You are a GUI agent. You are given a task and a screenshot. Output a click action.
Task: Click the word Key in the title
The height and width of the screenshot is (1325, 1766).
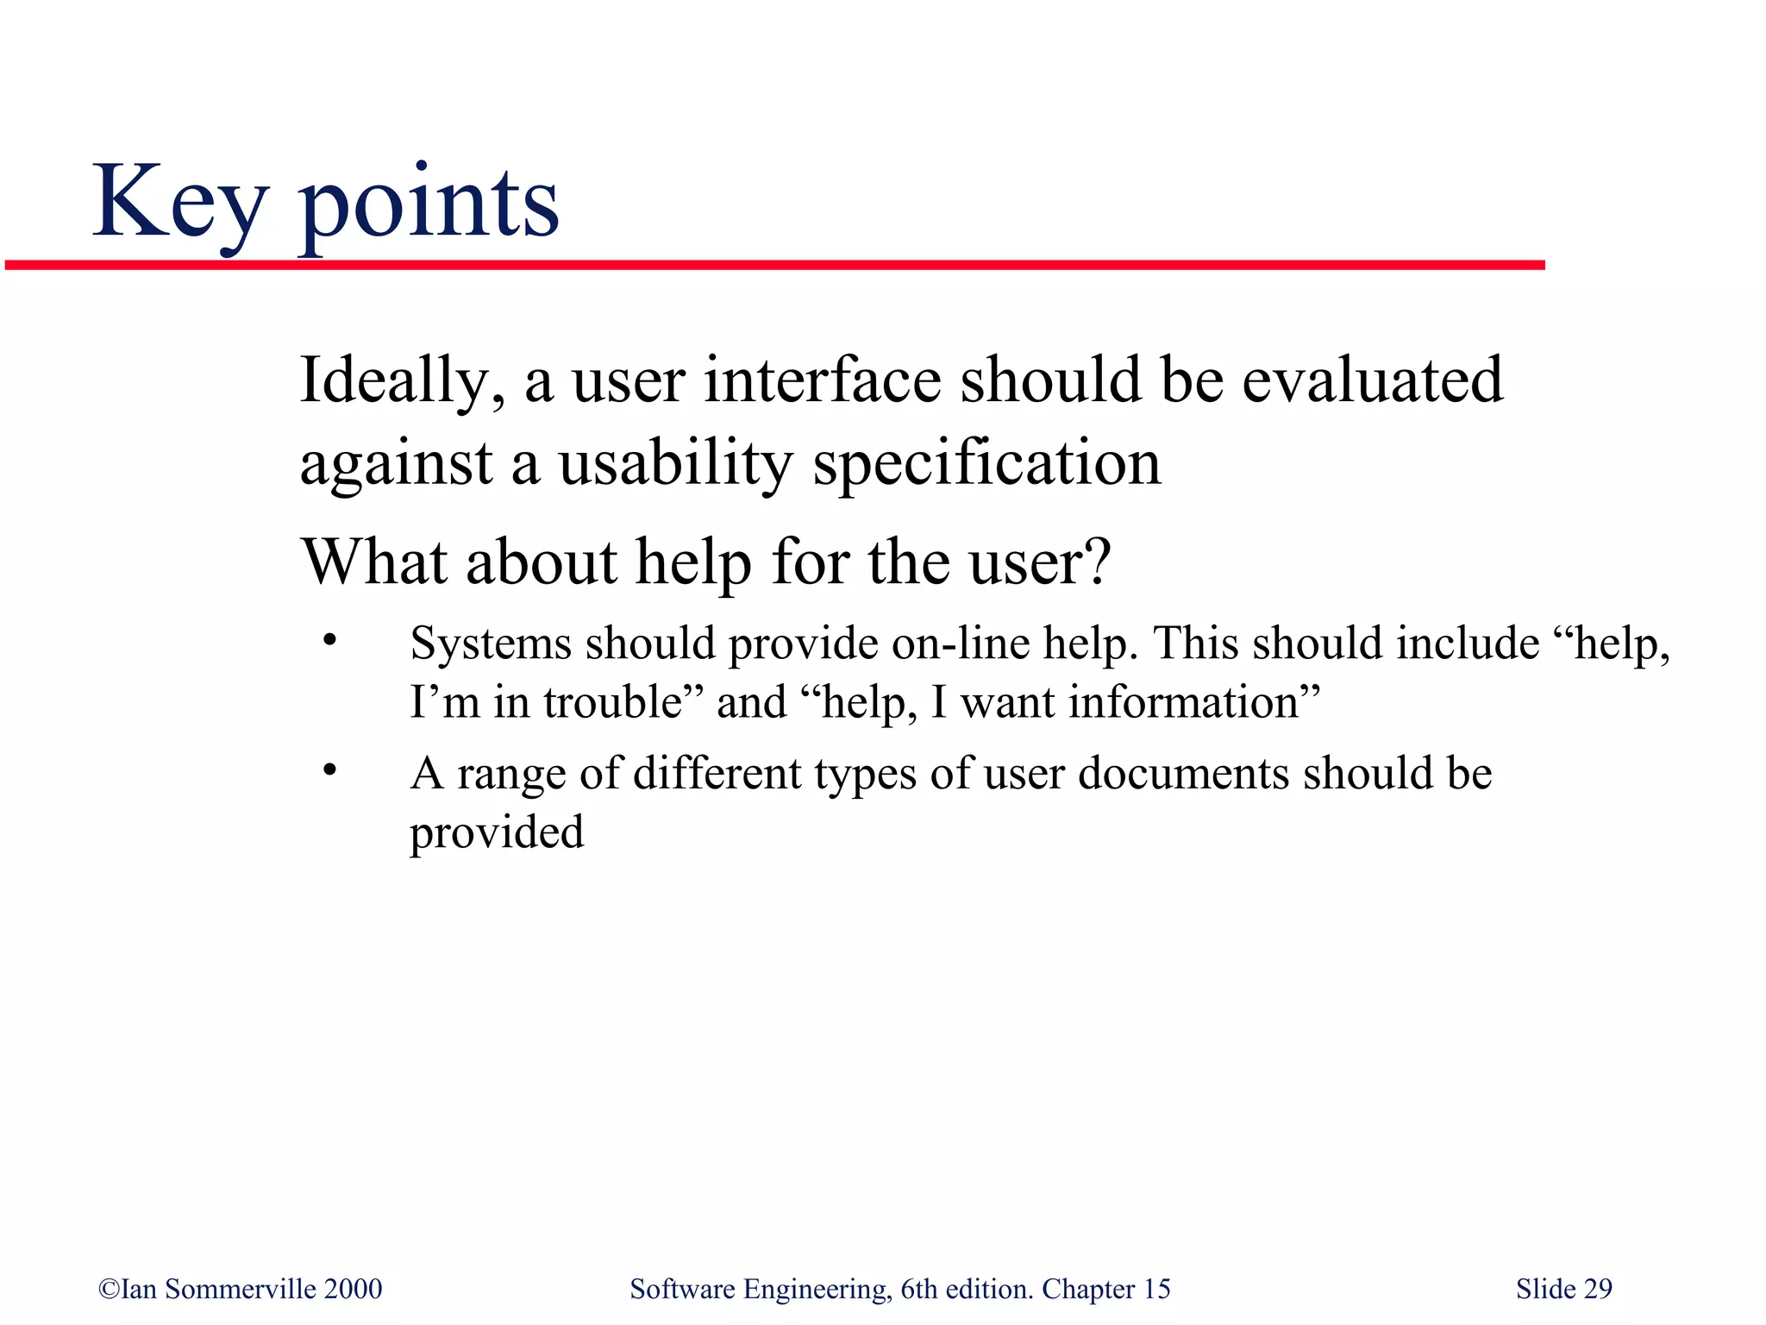tap(179, 204)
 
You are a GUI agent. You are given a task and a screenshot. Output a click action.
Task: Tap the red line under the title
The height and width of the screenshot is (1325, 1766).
tap(776, 265)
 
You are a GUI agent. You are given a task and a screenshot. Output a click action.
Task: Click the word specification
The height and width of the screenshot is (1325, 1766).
tap(986, 464)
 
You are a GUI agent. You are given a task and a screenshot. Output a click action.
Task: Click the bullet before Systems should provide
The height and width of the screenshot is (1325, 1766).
tap(329, 641)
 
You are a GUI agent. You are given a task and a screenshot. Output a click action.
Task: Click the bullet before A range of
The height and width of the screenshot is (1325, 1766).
tap(329, 769)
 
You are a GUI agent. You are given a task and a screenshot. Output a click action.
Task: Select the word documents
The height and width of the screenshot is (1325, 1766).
tap(1183, 773)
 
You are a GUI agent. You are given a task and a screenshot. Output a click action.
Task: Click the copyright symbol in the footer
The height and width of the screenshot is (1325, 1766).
tap(109, 1289)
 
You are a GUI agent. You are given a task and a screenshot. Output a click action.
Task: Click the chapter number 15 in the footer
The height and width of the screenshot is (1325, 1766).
tap(1156, 1289)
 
